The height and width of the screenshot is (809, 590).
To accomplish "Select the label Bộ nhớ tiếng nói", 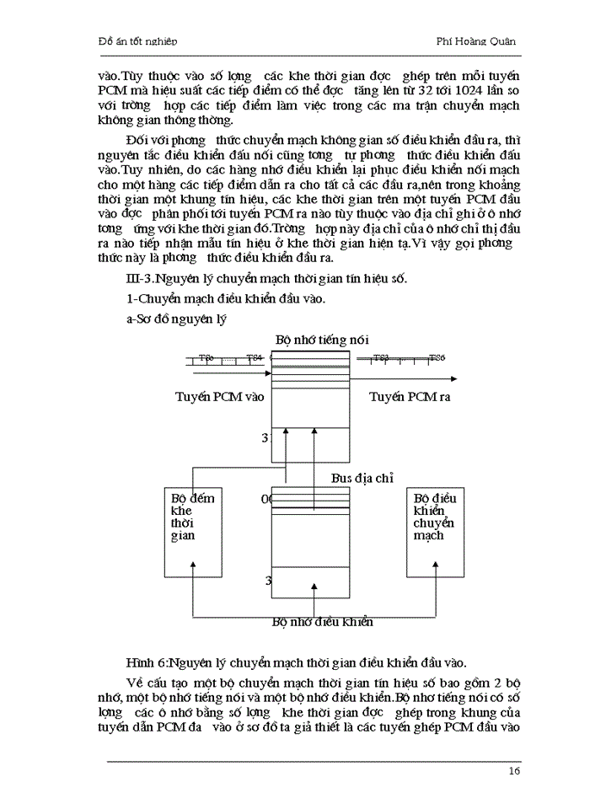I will pyautogui.click(x=317, y=339).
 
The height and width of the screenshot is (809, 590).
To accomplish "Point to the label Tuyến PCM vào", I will pyautogui.click(x=220, y=396).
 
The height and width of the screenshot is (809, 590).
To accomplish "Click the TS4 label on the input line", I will pyautogui.click(x=255, y=358).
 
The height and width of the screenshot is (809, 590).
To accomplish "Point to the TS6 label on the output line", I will pyautogui.click(x=437, y=358).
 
